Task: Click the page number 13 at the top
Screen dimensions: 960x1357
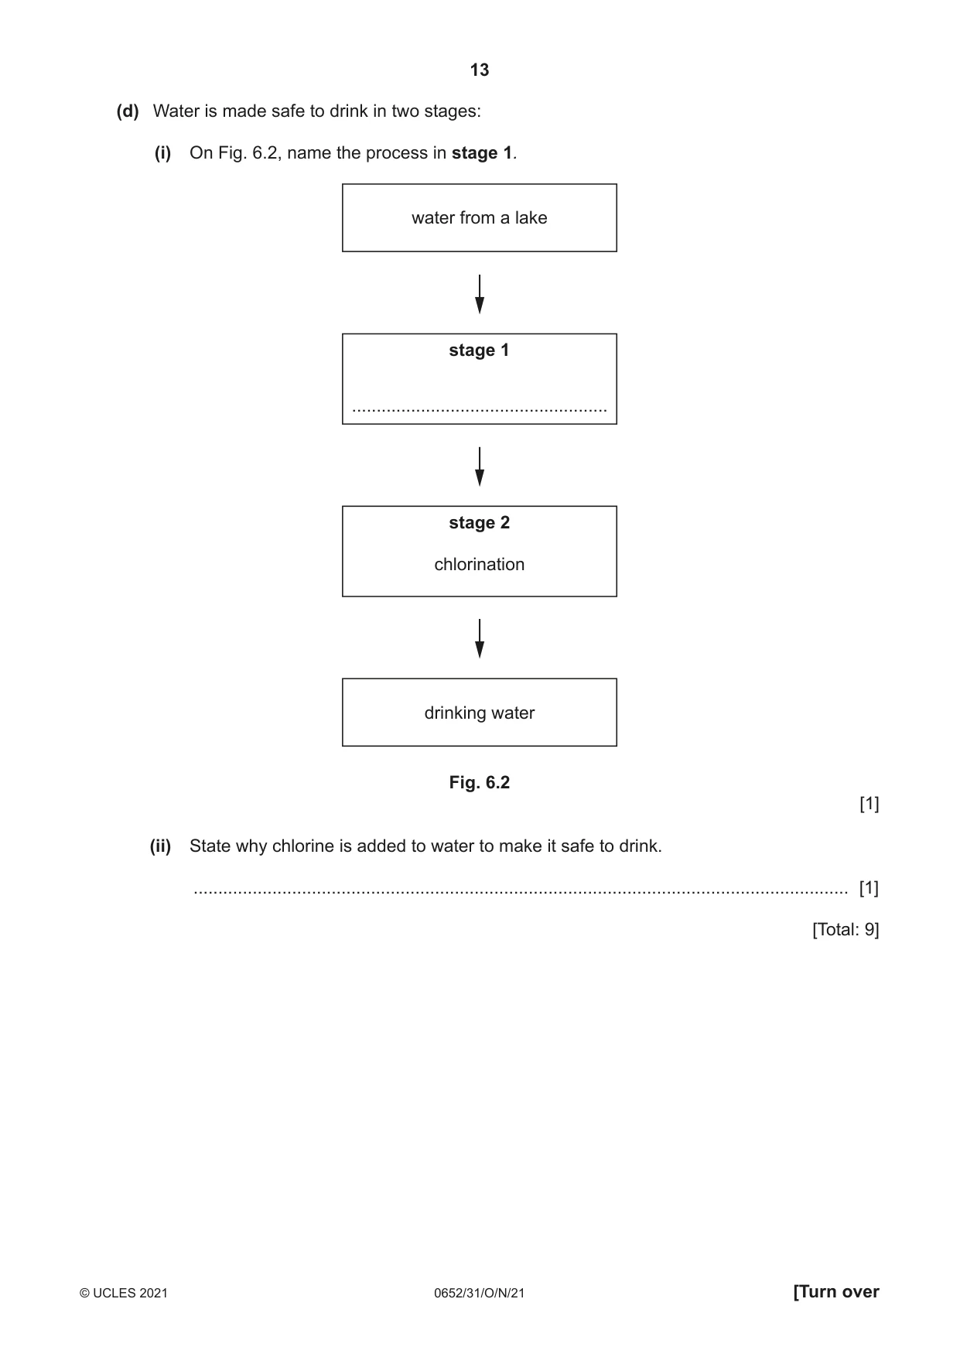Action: [x=480, y=70]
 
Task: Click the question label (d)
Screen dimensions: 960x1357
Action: [x=128, y=111]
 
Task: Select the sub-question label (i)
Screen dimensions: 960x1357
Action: [x=162, y=153]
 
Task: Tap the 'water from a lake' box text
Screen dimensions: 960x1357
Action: [x=480, y=218]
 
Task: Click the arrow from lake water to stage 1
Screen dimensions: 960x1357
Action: [x=480, y=294]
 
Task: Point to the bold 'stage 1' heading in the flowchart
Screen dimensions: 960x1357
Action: [x=480, y=350]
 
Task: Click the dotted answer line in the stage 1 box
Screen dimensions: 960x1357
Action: [x=480, y=410]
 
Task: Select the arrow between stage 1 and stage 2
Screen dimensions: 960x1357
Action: [x=480, y=467]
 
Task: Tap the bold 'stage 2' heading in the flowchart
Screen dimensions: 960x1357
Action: [x=480, y=523]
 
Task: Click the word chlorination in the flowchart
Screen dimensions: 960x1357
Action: [x=480, y=565]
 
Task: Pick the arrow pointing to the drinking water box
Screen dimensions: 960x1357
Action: [x=480, y=639]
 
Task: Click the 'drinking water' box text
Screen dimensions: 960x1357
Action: [x=480, y=713]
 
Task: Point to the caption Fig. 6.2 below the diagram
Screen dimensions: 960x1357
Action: [x=480, y=783]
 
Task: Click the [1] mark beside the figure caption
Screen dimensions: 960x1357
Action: [x=869, y=805]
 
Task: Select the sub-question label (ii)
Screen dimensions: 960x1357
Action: [x=160, y=846]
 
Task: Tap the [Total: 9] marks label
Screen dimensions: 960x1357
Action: [x=846, y=930]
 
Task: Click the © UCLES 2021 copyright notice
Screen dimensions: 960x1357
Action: [x=124, y=1293]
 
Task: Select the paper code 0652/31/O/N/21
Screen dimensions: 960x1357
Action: [x=480, y=1293]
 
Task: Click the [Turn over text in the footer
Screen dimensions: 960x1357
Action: [x=836, y=1292]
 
